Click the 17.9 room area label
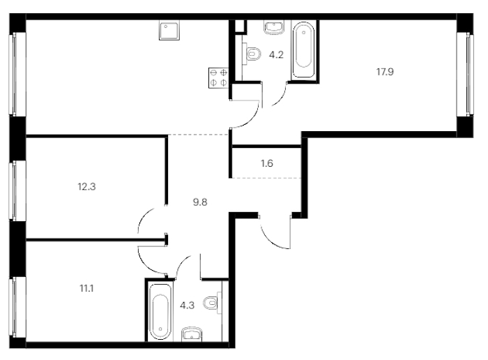(x=385, y=72)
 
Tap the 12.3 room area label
(x=86, y=186)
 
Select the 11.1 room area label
(x=86, y=288)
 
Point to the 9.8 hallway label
(x=200, y=202)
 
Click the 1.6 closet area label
(x=267, y=163)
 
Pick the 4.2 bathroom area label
(x=276, y=55)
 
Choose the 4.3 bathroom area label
(x=188, y=305)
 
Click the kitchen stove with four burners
(x=218, y=78)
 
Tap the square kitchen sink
(x=169, y=30)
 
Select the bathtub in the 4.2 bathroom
(x=303, y=50)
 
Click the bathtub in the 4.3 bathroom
(x=160, y=311)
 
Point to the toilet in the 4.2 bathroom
(x=252, y=54)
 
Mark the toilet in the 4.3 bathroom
(x=213, y=303)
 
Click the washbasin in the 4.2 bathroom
(x=274, y=27)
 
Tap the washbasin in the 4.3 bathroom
(x=192, y=334)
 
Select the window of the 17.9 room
(x=466, y=75)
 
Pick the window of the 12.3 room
(x=17, y=191)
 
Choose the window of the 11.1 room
(x=17, y=307)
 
